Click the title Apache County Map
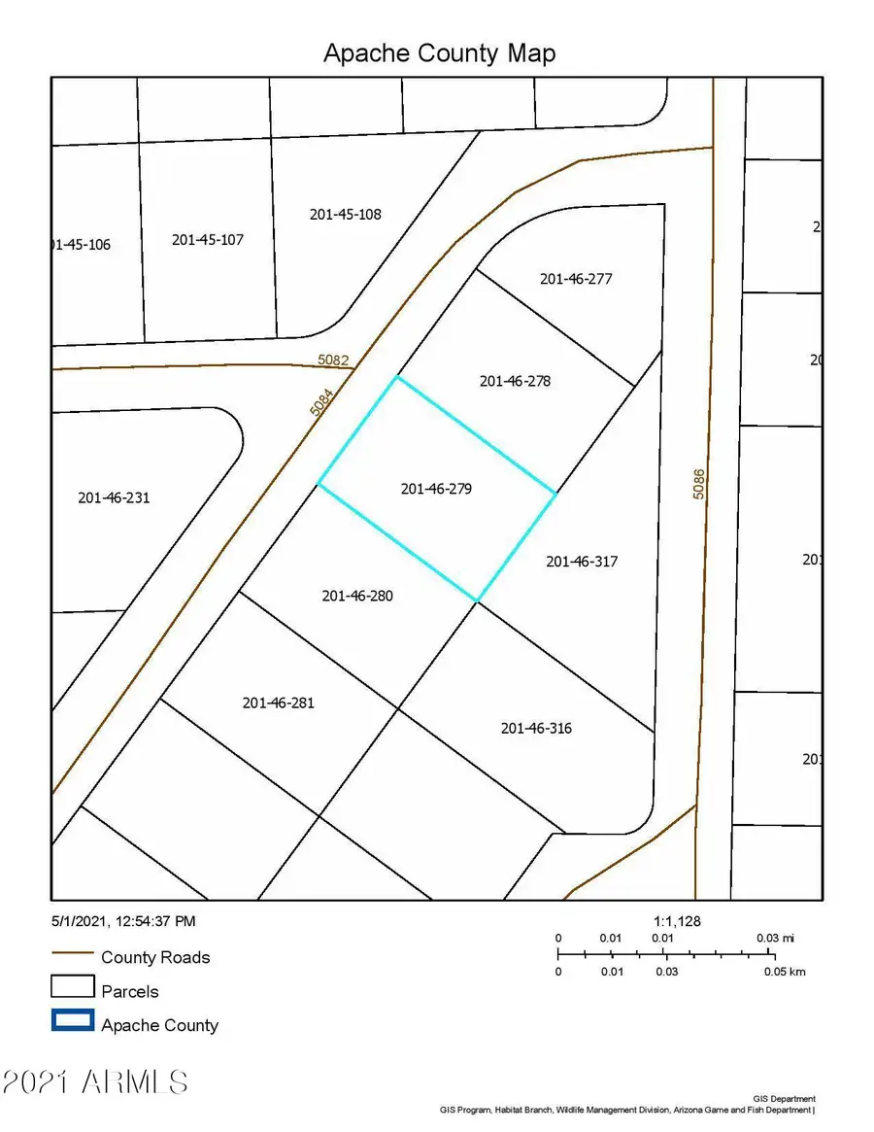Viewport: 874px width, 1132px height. click(439, 52)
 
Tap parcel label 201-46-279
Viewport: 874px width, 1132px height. click(436, 490)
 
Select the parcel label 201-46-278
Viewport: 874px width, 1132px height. click(515, 381)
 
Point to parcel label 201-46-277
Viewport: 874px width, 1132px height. click(576, 279)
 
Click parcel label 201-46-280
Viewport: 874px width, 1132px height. click(357, 596)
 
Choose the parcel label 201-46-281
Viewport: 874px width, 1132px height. click(278, 703)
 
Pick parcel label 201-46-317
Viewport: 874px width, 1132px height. click(582, 562)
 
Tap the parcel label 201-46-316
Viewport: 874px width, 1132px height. click(536, 728)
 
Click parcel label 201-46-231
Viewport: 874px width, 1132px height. click(114, 497)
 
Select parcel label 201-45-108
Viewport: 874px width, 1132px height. click(345, 214)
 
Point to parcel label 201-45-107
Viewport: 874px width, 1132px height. click(207, 239)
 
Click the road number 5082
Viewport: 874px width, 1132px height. click(333, 360)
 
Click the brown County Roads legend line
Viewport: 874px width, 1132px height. click(72, 957)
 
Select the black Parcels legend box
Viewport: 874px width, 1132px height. click(72, 986)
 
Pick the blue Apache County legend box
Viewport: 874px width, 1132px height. click(72, 1020)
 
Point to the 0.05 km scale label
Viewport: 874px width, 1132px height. click(784, 972)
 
